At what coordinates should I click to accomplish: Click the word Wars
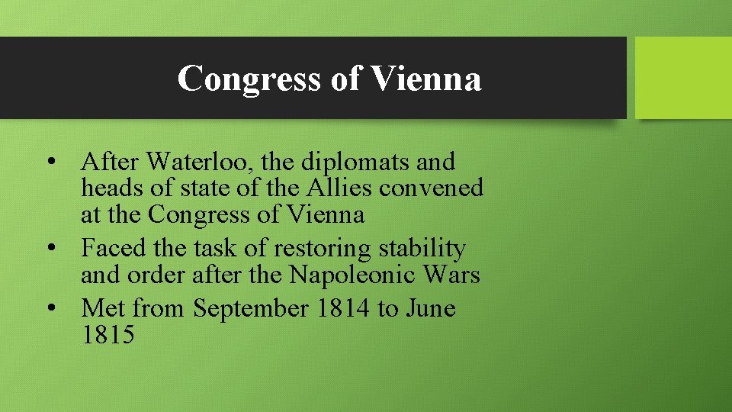[x=454, y=274]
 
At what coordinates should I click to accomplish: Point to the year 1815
[x=108, y=334]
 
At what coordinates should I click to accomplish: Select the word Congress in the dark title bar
[x=249, y=79]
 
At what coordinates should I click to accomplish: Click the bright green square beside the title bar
[x=683, y=78]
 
